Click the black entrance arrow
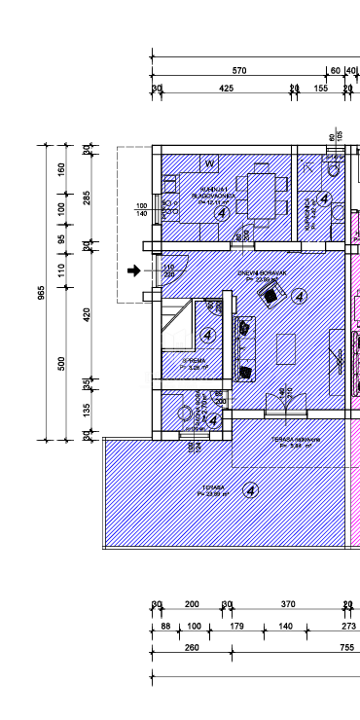(134, 270)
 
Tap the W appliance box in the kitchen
(209, 163)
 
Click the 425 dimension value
(226, 89)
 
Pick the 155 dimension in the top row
(321, 89)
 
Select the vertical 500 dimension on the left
(62, 363)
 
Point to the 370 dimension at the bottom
(288, 604)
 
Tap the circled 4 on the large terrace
(251, 489)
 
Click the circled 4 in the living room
(299, 296)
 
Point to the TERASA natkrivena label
(289, 440)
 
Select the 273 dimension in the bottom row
(348, 626)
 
